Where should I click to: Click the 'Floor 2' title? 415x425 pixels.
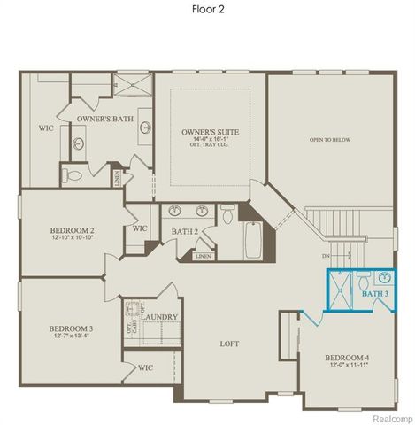click(x=207, y=11)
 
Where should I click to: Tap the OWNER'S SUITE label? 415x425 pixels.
click(x=211, y=132)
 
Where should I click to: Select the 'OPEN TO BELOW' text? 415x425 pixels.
click(x=327, y=140)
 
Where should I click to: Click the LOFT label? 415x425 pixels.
click(x=231, y=344)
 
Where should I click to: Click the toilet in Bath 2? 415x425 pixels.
click(x=227, y=212)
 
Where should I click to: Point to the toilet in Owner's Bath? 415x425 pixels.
click(x=75, y=175)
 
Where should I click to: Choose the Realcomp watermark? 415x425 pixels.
click(x=390, y=418)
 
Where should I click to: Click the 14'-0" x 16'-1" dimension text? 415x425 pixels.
click(x=211, y=140)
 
